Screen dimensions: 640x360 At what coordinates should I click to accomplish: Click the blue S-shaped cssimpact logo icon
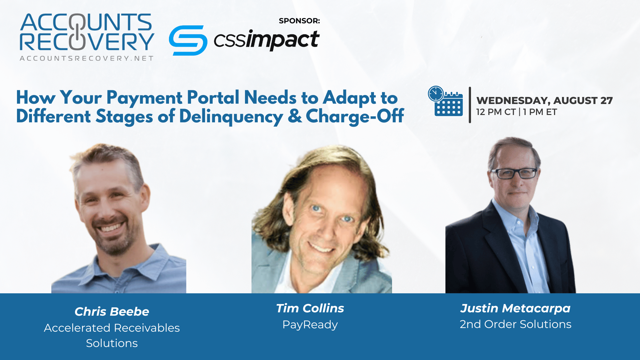[x=188, y=40]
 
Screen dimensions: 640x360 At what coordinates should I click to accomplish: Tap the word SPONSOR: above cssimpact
[x=299, y=21]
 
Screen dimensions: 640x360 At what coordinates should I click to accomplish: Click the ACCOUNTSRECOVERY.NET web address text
[x=87, y=58]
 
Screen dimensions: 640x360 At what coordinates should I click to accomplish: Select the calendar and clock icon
[x=446, y=101]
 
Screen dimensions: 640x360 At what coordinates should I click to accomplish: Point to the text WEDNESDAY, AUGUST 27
[x=544, y=100]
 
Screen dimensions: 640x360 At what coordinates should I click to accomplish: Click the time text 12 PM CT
[x=496, y=112]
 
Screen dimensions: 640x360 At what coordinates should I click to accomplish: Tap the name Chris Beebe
[x=112, y=311]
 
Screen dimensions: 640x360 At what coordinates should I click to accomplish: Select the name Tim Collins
[x=310, y=308]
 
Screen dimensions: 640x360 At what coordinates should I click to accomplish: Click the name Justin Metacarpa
[x=515, y=309]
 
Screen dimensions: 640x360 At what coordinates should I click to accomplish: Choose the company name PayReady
[x=310, y=325]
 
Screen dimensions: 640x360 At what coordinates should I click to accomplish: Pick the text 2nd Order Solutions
[x=515, y=324]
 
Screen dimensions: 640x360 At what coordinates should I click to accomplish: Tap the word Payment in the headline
[x=144, y=98]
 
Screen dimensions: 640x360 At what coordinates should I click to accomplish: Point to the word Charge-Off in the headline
[x=355, y=116]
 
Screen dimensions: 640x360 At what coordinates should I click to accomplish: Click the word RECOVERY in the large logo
[x=87, y=41]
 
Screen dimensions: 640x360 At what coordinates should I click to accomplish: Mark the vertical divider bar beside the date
[x=470, y=105]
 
